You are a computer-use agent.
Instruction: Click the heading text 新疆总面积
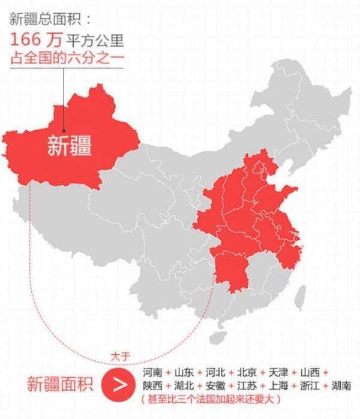click(40, 20)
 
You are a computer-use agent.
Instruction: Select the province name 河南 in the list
click(153, 372)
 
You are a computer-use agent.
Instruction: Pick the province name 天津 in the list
click(278, 372)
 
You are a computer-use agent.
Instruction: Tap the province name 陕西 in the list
click(153, 385)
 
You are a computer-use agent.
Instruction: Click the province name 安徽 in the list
click(216, 385)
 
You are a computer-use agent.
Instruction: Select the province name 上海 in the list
click(278, 385)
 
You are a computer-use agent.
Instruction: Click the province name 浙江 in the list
click(310, 385)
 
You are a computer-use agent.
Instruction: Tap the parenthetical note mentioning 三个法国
click(210, 399)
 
